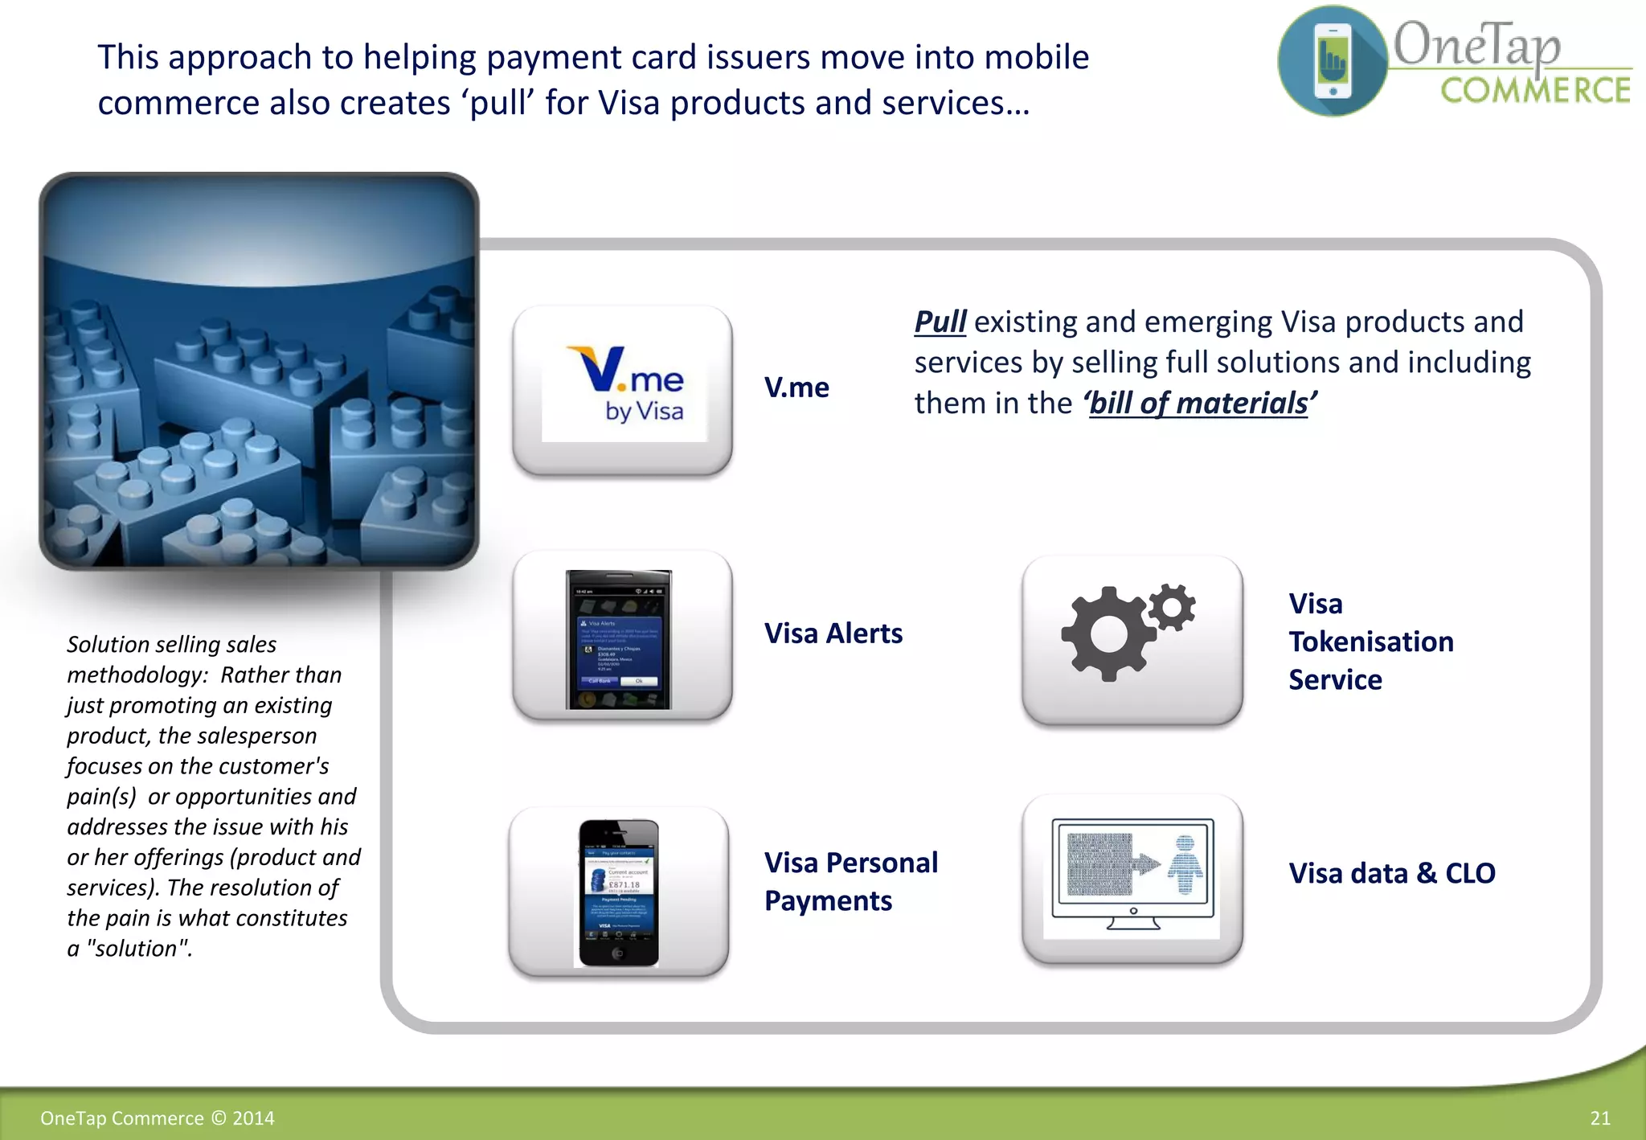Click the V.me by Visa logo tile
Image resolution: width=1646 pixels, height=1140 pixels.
[x=623, y=391]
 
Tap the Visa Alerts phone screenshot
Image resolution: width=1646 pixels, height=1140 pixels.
[x=618, y=639]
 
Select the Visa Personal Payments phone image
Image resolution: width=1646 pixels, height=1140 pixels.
[x=618, y=892]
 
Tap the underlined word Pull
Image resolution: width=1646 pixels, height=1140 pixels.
[x=940, y=322]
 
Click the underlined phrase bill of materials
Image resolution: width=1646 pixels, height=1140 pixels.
[x=1198, y=404]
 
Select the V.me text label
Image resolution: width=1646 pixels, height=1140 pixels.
[x=796, y=388]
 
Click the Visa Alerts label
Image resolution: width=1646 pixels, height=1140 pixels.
[x=833, y=634]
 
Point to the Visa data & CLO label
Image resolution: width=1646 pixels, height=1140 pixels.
[x=1392, y=873]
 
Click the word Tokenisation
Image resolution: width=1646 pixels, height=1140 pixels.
[x=1371, y=642]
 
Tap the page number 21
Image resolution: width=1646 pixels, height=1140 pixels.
[x=1599, y=1118]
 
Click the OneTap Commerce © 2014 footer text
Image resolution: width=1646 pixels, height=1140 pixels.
[x=158, y=1118]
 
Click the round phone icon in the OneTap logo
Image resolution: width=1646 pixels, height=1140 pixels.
[x=1333, y=61]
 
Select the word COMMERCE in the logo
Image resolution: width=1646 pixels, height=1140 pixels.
[x=1535, y=90]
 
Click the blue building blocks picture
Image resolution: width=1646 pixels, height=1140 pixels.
[x=259, y=371]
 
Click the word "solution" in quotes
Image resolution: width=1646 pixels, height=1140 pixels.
[x=139, y=949]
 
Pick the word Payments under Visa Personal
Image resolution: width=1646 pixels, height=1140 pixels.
[x=828, y=901]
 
